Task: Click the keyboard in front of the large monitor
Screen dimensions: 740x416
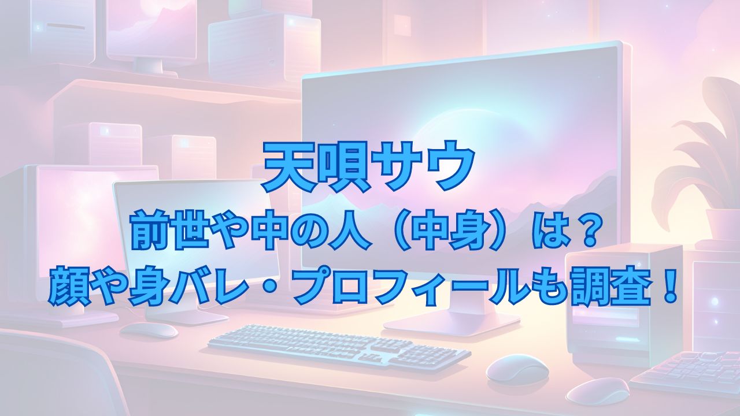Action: (x=339, y=348)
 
